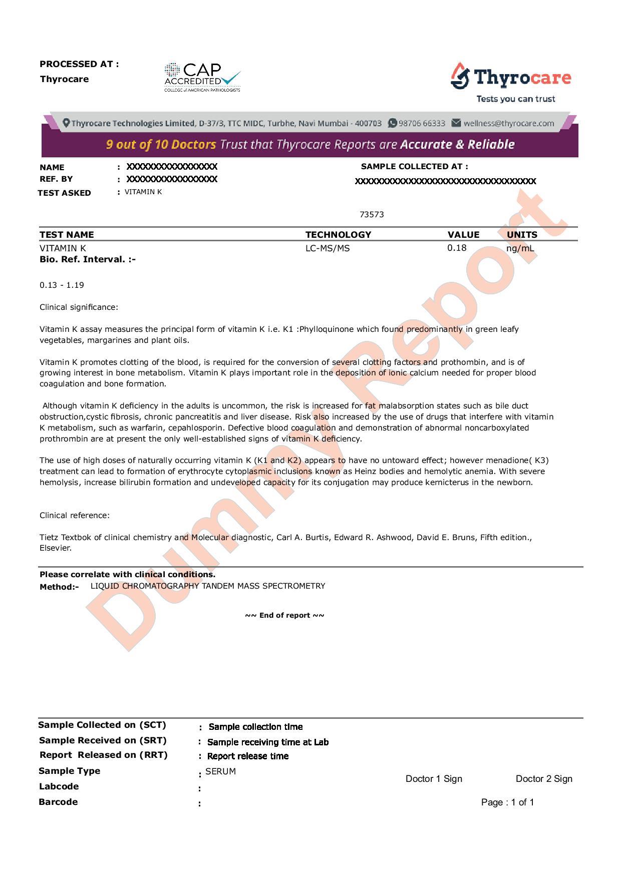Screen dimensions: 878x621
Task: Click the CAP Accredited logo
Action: [202, 77]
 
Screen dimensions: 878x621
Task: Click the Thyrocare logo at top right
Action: [511, 82]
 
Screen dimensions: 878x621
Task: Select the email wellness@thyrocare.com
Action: [508, 123]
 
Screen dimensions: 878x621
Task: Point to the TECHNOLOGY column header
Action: [338, 235]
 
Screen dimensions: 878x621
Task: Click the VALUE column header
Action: [463, 235]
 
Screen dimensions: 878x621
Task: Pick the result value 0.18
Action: [457, 248]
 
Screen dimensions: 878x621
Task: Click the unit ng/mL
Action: [520, 248]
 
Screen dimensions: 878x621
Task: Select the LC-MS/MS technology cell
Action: [328, 248]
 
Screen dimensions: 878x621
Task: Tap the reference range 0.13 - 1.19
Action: [62, 285]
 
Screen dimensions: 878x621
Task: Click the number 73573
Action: [372, 215]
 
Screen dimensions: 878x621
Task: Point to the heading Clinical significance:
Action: [79, 307]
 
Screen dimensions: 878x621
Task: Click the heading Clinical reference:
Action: [75, 516]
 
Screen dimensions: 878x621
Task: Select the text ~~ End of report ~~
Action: [284, 616]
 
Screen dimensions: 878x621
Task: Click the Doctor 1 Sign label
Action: [434, 779]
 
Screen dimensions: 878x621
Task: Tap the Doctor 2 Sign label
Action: [544, 779]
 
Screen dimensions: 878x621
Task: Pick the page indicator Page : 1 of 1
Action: [507, 802]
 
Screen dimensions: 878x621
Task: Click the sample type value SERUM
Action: [220, 771]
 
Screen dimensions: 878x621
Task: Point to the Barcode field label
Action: [58, 802]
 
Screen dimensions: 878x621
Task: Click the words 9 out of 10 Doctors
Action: [161, 145]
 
